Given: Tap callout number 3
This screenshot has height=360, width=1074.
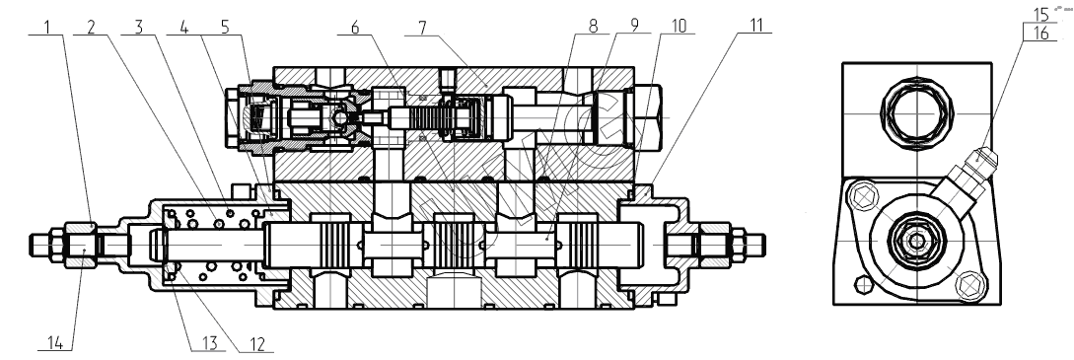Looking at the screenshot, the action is tap(139, 27).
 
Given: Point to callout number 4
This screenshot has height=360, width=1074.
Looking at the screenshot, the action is tap(183, 27).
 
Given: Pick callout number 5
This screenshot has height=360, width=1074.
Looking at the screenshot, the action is tap(225, 27).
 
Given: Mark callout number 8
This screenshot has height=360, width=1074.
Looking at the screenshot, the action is tap(593, 26).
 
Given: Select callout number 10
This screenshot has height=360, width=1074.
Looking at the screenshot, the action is tap(679, 26).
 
